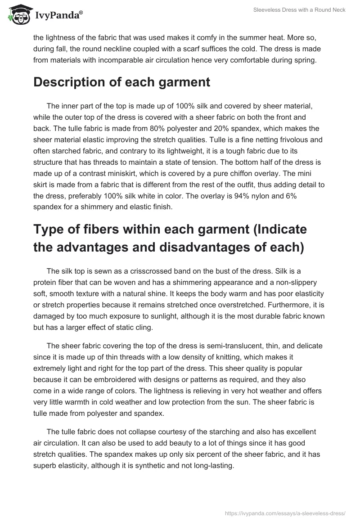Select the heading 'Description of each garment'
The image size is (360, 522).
click(x=121, y=82)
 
